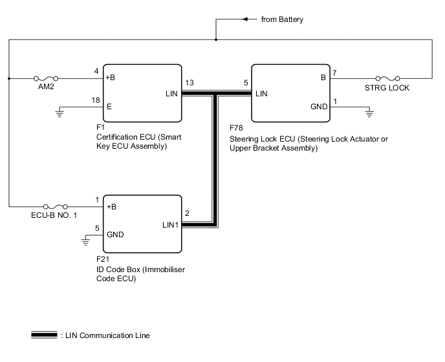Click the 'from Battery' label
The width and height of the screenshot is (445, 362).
(282, 19)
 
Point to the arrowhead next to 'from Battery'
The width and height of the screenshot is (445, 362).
(251, 19)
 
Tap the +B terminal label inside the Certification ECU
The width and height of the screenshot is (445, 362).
(111, 78)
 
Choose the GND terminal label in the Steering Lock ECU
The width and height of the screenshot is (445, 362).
(320, 106)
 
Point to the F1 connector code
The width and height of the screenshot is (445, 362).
(99, 129)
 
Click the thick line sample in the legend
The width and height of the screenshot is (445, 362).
(44, 335)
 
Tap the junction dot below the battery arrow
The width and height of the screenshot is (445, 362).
(216, 40)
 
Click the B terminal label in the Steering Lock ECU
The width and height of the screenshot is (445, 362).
(323, 78)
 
